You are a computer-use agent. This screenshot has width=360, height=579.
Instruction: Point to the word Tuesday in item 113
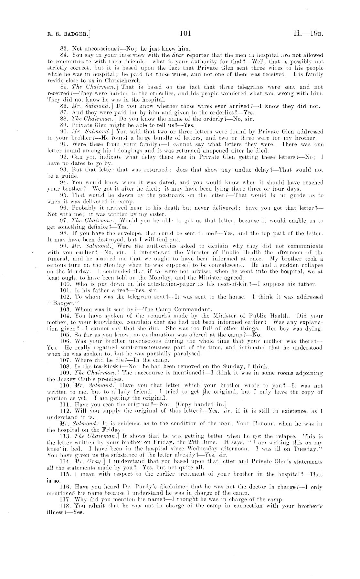tap(307, 449)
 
